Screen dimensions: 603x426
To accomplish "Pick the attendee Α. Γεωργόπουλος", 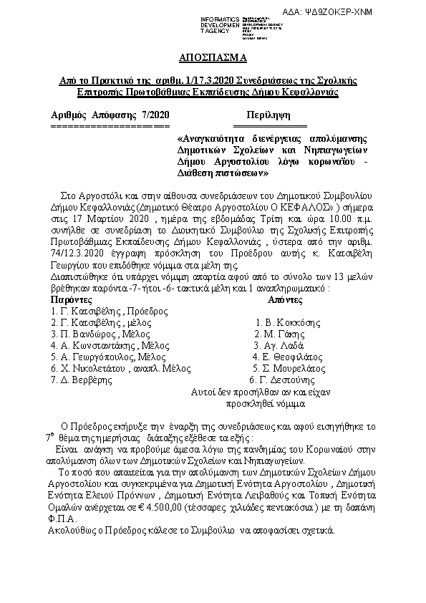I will [x=109, y=357].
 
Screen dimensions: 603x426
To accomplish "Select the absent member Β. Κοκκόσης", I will [x=288, y=323].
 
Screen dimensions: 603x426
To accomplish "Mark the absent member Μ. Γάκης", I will [x=281, y=334].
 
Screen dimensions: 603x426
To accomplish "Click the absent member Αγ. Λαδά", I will [x=279, y=345].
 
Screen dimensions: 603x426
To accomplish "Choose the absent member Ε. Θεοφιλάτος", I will [x=289, y=357].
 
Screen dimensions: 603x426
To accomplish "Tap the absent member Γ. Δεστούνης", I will [x=282, y=380].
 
